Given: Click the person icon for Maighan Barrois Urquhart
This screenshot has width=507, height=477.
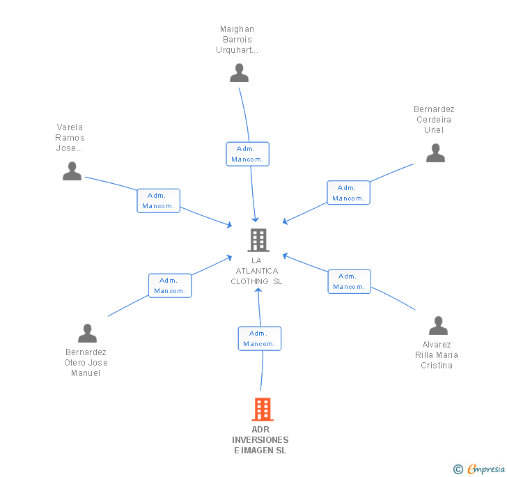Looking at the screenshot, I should tap(239, 72).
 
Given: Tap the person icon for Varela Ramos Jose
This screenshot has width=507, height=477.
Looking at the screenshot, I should tap(72, 171).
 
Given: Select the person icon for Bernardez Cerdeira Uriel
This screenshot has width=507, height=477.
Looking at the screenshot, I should tap(435, 153).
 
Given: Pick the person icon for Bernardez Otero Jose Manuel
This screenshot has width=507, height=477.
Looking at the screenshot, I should tap(87, 334).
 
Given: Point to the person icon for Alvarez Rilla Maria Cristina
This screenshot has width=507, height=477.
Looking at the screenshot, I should tap(437, 325).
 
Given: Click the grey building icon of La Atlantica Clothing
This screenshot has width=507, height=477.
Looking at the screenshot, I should tap(258, 240).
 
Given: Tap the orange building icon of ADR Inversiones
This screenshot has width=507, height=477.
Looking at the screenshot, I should tap(262, 409).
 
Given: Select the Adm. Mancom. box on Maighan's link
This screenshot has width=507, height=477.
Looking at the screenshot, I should tap(247, 154).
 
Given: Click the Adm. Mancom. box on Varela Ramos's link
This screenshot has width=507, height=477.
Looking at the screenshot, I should tap(159, 201).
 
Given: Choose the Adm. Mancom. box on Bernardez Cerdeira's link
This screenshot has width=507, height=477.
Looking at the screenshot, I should tap(348, 193).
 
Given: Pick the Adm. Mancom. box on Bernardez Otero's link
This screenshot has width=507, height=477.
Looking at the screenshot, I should tap(170, 286).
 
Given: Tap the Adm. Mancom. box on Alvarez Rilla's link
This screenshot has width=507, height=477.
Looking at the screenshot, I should tap(349, 281).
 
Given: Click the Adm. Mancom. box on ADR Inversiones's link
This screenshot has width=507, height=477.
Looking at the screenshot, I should tap(260, 338).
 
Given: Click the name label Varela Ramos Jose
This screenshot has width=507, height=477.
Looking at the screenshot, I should tap(70, 138).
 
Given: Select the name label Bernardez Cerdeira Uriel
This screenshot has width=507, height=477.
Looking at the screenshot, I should tap(434, 120).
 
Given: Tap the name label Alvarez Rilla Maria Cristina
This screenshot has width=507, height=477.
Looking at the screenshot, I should tap(437, 355).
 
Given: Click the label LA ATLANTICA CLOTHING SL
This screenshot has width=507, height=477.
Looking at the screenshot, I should tap(256, 271).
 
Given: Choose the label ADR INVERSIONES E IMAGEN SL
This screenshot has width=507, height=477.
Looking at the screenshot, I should tap(260, 440).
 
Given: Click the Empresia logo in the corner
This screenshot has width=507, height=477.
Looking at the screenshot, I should tap(479, 469).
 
